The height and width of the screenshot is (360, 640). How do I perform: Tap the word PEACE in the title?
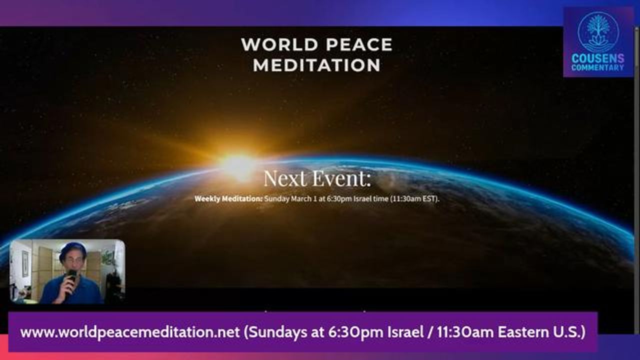pyautogui.click(x=359, y=44)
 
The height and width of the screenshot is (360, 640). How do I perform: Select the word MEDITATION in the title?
pyautogui.click(x=317, y=65)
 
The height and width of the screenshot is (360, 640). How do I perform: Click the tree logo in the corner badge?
pyautogui.click(x=598, y=31)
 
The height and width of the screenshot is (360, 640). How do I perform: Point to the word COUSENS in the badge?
pyautogui.click(x=597, y=58)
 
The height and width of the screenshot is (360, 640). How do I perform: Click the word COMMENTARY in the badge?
pyautogui.click(x=597, y=67)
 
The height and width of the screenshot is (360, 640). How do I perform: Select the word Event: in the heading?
pyautogui.click(x=342, y=178)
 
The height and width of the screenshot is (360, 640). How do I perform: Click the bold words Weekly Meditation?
pyautogui.click(x=228, y=199)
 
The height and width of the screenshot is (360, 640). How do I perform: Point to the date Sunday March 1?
pyautogui.click(x=290, y=199)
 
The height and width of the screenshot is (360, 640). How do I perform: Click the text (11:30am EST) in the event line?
pyautogui.click(x=414, y=199)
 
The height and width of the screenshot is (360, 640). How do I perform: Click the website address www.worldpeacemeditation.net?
pyautogui.click(x=130, y=332)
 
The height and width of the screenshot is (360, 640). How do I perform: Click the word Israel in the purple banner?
pyautogui.click(x=405, y=332)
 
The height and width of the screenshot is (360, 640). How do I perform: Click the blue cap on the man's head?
pyautogui.click(x=72, y=248)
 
